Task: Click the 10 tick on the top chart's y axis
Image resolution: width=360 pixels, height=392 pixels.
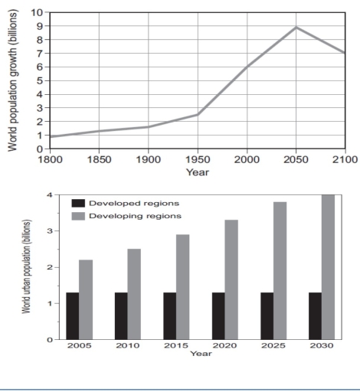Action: click(x=36, y=12)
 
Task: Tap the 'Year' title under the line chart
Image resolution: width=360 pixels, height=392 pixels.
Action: click(x=197, y=172)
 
